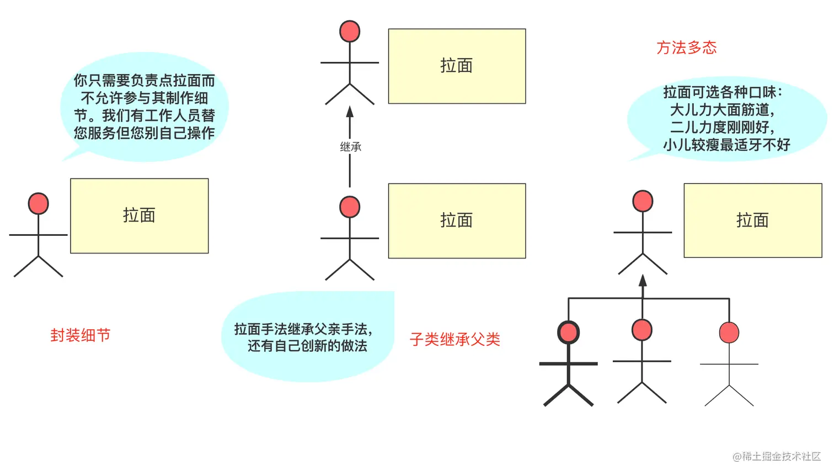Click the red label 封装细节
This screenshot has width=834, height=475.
(81, 335)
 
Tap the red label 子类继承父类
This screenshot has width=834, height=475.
(455, 339)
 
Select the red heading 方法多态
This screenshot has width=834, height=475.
(686, 47)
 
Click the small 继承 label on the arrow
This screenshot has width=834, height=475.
(350, 147)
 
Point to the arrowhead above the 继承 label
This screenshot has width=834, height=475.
(350, 112)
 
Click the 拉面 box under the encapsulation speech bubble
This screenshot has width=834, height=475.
(140, 216)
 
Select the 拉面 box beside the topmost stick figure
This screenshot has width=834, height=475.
(457, 66)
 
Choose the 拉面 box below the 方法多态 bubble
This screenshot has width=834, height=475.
(752, 220)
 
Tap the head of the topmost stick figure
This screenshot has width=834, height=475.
(350, 31)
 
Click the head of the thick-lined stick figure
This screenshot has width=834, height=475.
(568, 332)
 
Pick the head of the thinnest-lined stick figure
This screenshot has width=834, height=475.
(729, 332)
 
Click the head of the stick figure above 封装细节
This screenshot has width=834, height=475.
(38, 204)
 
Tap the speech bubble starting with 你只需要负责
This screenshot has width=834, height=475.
(144, 107)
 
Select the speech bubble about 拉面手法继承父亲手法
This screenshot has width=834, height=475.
(307, 337)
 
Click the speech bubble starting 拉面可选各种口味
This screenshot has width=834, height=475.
(726, 118)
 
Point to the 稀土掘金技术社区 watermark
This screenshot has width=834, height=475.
(777, 456)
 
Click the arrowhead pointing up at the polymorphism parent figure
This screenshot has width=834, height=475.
(643, 280)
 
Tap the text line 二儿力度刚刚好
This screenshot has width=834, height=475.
(722, 127)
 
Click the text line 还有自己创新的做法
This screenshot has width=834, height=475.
(307, 346)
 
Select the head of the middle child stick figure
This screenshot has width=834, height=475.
(642, 330)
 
